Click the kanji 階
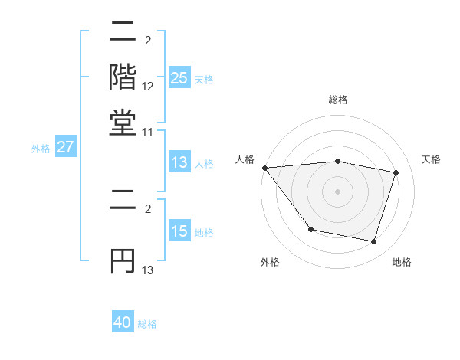123,76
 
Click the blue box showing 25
179,78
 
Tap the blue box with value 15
179,231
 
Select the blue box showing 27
65,147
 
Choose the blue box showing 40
123,322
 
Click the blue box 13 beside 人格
179,162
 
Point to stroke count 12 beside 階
148,87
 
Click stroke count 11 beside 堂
148,133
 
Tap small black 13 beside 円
148,270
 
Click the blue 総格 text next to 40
147,324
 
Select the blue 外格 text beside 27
41,149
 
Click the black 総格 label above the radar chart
338,100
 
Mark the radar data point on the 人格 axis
264,168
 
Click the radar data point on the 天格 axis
396,172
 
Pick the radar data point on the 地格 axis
373,241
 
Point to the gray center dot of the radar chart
338,191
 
